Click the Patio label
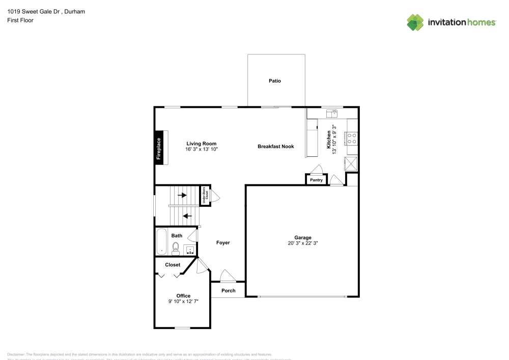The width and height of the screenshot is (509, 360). (275, 81)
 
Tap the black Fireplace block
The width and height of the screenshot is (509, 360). (159, 149)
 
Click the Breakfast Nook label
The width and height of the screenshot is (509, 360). (275, 147)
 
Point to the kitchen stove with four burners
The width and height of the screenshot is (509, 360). (351, 139)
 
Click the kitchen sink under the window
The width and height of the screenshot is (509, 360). (332, 113)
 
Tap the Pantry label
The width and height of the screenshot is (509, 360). (316, 180)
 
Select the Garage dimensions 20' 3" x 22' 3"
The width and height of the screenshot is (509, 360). (302, 243)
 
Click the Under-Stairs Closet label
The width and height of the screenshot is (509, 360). (206, 195)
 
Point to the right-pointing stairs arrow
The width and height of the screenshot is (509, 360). (182, 195)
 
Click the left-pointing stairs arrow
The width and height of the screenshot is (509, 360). (187, 215)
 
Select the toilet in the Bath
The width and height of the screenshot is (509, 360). (176, 248)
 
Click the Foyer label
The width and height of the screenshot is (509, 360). (223, 243)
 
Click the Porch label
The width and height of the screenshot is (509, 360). (229, 291)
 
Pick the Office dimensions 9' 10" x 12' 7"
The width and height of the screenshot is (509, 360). (183, 301)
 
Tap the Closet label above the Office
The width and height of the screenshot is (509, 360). (173, 265)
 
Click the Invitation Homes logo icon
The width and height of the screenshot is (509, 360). (415, 22)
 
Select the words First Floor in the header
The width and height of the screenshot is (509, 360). (20, 20)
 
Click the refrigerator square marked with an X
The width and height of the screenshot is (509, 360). (351, 164)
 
